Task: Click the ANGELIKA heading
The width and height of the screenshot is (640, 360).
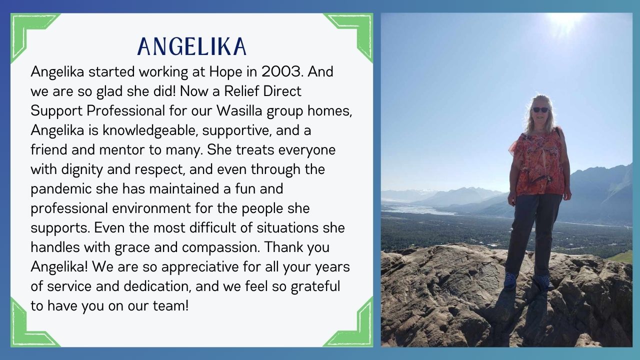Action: coord(191,46)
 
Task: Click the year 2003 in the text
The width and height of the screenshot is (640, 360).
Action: coord(282,71)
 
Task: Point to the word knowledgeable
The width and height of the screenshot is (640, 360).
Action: coord(150,131)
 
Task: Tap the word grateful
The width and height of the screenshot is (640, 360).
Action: coord(315,287)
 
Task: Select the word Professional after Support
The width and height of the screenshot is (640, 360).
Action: coord(125,110)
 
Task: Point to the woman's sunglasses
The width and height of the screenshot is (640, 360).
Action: coord(540,109)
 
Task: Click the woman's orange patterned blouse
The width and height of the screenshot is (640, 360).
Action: coord(538,163)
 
